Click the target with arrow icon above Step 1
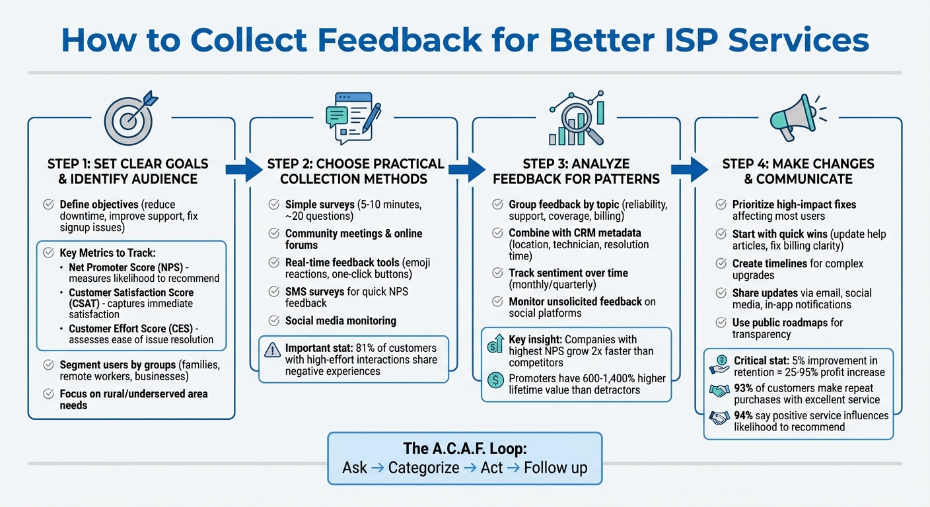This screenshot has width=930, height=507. click(x=129, y=118)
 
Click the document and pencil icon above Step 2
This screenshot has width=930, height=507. click(x=353, y=116)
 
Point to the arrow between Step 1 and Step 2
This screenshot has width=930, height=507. click(x=244, y=169)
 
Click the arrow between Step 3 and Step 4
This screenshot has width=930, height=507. click(x=690, y=169)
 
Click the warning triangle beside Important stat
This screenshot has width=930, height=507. click(x=272, y=350)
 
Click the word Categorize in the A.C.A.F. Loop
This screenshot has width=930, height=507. click(x=423, y=468)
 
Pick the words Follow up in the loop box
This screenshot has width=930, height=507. click(x=555, y=468)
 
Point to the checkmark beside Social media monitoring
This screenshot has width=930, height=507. click(x=273, y=321)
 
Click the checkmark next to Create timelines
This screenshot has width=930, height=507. click(x=721, y=263)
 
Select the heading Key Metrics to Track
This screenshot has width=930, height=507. click(x=108, y=253)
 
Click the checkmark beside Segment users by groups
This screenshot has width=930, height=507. click(x=48, y=364)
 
